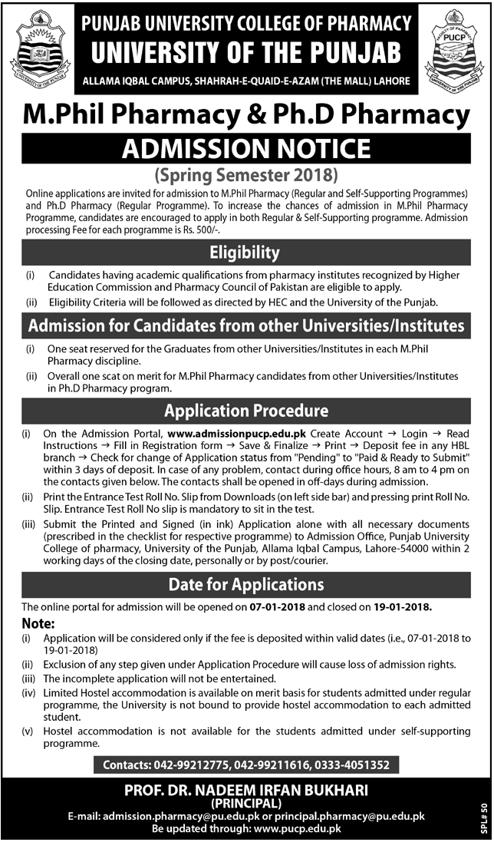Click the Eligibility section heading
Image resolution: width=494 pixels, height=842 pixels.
[246, 253]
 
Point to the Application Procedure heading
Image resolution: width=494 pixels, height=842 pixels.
[246, 411]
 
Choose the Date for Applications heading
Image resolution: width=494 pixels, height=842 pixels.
[246, 585]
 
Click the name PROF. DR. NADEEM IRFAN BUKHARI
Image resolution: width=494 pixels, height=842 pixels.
[246, 791]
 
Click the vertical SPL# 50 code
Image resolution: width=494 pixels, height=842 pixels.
[484, 817]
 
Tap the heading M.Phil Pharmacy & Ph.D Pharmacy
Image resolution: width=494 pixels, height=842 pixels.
[246, 116]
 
